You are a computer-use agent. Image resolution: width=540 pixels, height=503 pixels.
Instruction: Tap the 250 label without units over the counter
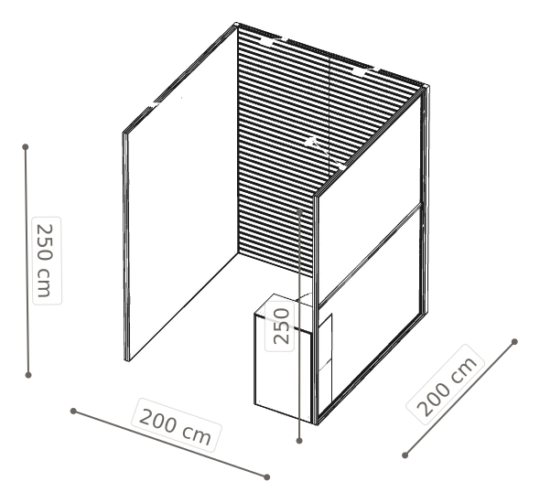pos(280,326)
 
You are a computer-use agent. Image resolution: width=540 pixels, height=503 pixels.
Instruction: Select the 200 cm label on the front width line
pos(177,425)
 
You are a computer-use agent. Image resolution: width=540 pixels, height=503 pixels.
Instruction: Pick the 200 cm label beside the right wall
pos(446,384)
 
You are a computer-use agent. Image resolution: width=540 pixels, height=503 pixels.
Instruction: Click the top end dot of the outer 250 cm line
pos(25,147)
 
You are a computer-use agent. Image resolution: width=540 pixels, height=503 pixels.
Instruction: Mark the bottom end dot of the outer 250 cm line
pos(28,375)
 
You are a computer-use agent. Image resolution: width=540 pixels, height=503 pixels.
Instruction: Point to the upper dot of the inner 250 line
pos(299,212)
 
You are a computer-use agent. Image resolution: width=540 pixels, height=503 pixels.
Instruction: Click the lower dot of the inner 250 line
pos(299,441)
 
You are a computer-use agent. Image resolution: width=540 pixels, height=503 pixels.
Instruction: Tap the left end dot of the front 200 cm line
pos(73,411)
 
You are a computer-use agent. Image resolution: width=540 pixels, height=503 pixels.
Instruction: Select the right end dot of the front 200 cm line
pos(266,476)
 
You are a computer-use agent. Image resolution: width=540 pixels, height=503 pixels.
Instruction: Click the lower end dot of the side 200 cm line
pos(405,455)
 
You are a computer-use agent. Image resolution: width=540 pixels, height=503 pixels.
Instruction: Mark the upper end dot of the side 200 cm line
pos(514,342)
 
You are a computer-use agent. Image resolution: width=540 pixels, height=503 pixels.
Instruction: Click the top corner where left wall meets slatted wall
pos(237,25)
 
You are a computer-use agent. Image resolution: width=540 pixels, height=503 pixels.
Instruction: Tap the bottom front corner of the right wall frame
pos(316,423)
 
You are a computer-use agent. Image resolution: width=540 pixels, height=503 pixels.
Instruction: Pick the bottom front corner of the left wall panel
pos(126,360)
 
